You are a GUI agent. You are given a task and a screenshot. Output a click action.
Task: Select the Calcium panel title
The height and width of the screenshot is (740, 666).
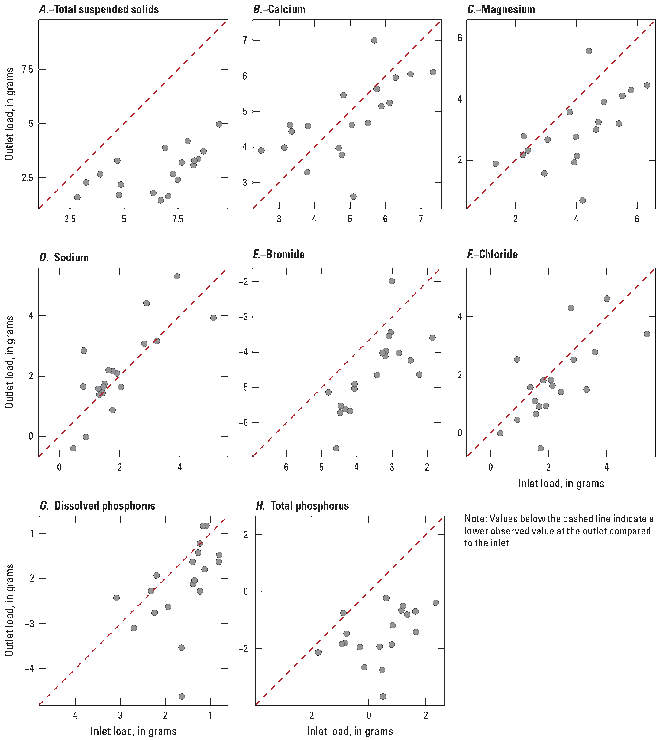286,9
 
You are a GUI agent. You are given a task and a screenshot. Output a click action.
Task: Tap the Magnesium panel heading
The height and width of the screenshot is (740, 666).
508,9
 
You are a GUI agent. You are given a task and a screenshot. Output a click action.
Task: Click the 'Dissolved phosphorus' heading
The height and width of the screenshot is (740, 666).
104,506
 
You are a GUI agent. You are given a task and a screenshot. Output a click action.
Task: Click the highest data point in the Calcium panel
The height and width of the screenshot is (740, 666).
374,40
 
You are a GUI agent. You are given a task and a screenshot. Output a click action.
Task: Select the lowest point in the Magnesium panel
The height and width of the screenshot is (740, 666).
583,200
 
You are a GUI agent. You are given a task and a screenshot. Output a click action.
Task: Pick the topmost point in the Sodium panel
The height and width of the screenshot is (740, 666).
177,276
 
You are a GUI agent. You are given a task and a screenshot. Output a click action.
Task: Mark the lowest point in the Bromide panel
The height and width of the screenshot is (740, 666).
336,448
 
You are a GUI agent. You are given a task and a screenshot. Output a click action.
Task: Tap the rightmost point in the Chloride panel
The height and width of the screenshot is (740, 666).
647,334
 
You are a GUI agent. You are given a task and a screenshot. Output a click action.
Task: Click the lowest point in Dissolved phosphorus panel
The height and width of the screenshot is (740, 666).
182,696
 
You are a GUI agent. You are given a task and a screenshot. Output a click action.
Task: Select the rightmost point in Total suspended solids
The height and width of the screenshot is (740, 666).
219,124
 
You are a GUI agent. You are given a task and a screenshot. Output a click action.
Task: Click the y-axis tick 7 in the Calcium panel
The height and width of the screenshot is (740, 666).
244,40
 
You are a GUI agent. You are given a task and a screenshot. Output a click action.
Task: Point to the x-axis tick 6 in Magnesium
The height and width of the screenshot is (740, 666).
637,219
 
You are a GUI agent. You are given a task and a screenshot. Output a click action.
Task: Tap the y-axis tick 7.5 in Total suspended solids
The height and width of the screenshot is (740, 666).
27,69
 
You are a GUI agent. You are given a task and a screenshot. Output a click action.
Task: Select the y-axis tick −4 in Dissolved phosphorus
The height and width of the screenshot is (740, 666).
29,669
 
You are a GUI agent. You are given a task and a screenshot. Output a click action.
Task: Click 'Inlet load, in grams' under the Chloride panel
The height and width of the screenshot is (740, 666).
561,484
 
